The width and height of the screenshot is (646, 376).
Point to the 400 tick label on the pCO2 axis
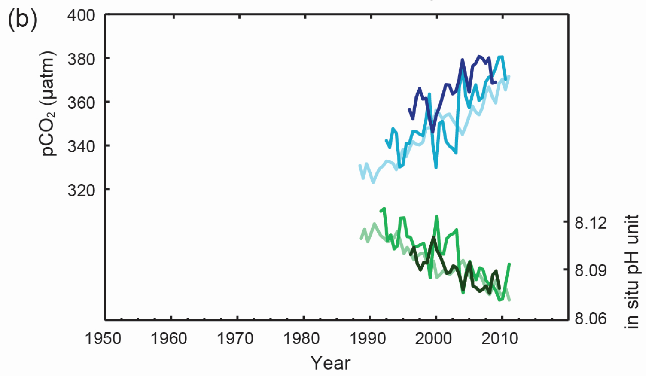tap(82, 15)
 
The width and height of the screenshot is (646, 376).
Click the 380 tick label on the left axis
tap(82, 59)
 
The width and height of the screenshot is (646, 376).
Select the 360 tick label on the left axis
tap(82, 102)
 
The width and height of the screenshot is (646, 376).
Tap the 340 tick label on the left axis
tap(82, 146)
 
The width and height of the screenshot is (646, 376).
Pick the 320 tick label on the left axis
tap(82, 190)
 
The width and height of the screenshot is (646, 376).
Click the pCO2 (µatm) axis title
tap(49, 103)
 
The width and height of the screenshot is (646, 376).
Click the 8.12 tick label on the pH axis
tap(591, 223)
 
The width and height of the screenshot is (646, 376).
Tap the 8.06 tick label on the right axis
tap(591, 319)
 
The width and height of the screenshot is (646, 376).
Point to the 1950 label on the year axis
tap(103, 339)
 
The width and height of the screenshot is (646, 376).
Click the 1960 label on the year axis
tap(169, 339)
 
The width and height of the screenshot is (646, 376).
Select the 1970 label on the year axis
tap(235, 339)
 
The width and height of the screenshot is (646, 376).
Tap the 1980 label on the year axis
tap(301, 339)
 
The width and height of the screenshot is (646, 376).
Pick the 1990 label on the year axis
tap(368, 339)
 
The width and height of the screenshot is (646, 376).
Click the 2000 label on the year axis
tap(434, 339)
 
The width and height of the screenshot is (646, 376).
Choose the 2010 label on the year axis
tap(500, 339)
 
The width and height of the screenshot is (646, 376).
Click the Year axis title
tap(331, 363)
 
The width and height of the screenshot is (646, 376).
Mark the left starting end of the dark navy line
tap(409, 109)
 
